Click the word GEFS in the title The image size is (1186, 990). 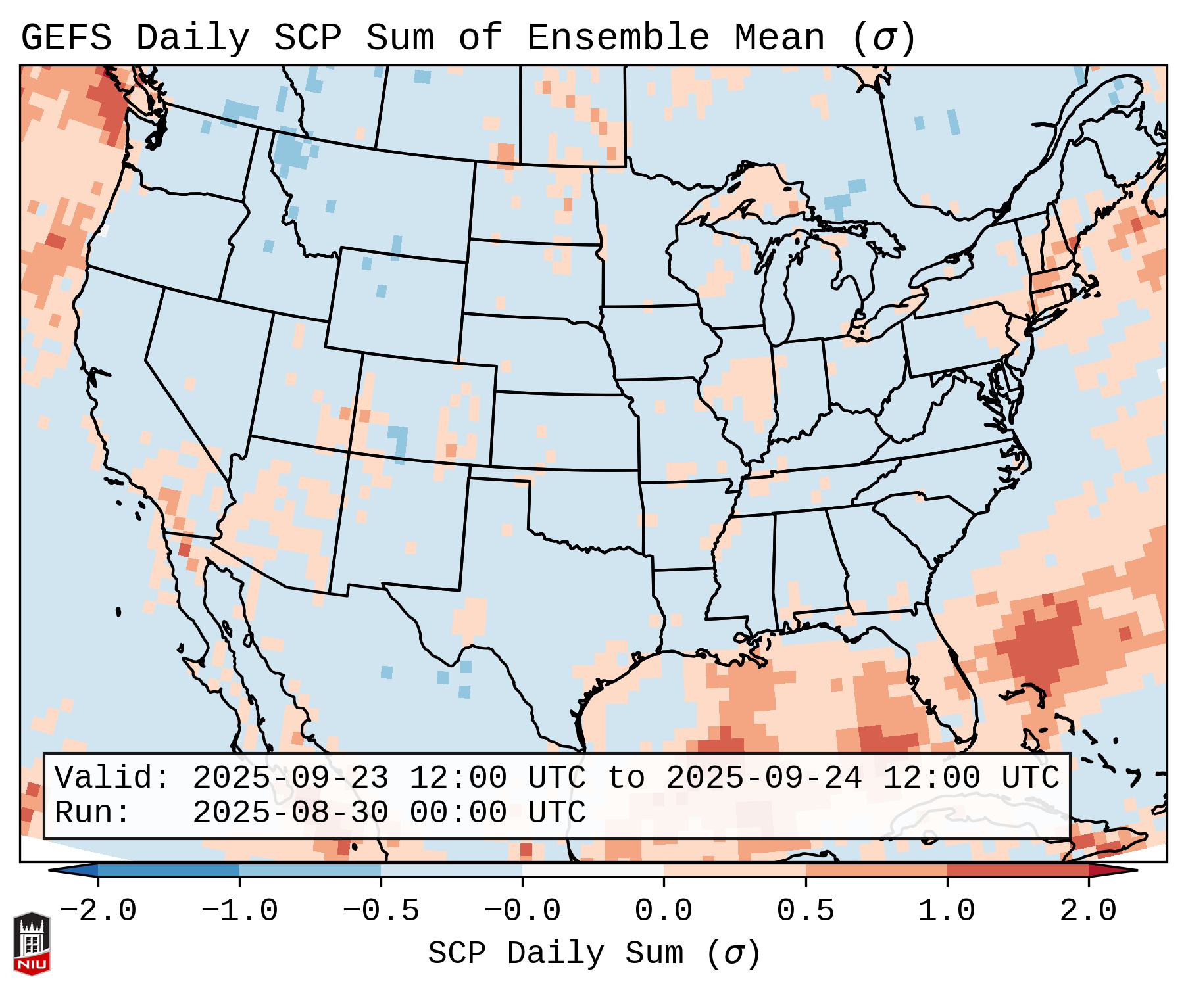point(66,38)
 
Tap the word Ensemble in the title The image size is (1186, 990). point(618,38)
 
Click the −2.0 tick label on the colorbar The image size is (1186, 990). point(98,911)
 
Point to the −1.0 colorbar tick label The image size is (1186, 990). point(239,911)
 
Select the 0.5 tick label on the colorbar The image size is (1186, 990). point(805,911)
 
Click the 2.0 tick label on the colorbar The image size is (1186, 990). point(1088,911)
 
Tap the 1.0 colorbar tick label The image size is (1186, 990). point(947,911)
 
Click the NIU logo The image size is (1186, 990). point(32,943)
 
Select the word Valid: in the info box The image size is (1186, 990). point(112,778)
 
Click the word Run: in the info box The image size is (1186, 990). point(93,813)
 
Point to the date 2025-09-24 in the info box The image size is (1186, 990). point(764,778)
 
